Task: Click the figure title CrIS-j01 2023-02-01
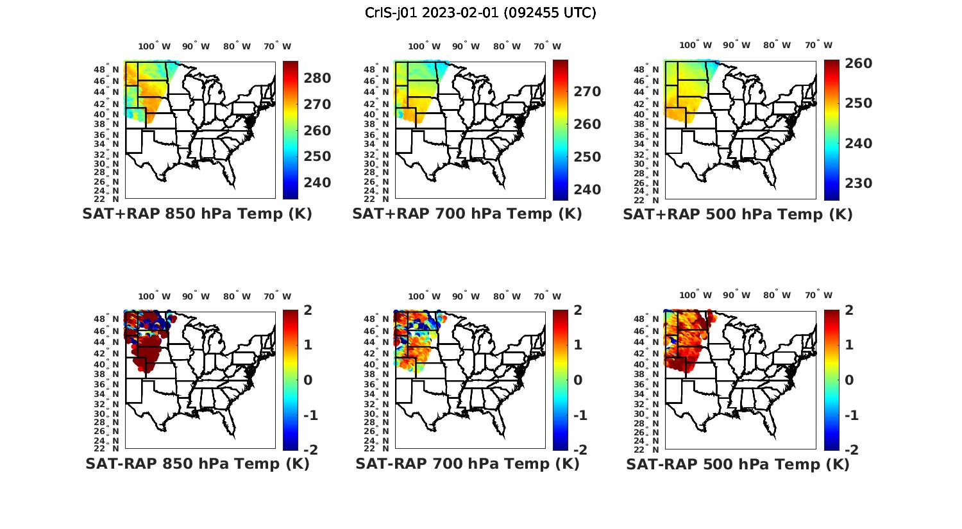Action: tap(480, 13)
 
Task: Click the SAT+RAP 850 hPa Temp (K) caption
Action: tap(197, 214)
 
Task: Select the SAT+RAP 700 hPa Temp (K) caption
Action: tap(467, 214)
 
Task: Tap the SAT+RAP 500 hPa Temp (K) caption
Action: tap(738, 214)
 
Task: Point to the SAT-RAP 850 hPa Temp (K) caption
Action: tap(197, 464)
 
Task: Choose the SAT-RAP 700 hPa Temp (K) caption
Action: tap(467, 464)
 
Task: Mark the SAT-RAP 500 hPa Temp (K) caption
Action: tap(738, 464)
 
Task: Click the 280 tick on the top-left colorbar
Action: tap(317, 78)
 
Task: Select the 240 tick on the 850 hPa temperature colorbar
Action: tap(317, 183)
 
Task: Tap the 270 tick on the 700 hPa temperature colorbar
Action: tap(587, 92)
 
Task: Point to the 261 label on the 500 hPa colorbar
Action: tap(858, 63)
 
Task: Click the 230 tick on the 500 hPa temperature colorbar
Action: tap(858, 183)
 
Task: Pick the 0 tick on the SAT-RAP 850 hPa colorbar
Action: tap(308, 380)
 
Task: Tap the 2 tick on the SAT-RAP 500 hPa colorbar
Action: tap(850, 311)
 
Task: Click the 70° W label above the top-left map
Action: tap(277, 46)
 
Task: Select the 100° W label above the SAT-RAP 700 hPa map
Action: tap(424, 296)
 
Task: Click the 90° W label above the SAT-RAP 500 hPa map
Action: tap(737, 295)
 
